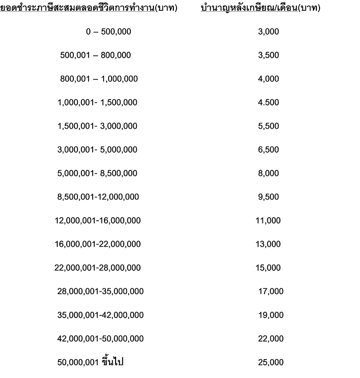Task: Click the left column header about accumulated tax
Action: tap(89, 9)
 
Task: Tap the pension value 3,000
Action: tap(269, 32)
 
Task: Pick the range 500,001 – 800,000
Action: tap(95, 55)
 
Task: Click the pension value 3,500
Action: tap(269, 55)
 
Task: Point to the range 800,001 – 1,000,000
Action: tap(99, 79)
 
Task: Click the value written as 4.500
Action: tap(269, 103)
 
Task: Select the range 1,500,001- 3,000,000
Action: tap(98, 126)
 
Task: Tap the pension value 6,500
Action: tap(269, 150)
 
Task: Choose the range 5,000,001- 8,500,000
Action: tap(98, 173)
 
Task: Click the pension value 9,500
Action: tap(269, 197)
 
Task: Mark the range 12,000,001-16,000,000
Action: tap(98, 220)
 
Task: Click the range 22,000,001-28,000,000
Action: tap(98, 268)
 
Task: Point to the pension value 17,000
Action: tap(271, 291)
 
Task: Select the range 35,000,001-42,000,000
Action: tap(100, 315)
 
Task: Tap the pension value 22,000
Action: tap(271, 338)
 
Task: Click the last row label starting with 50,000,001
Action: tap(97, 362)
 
